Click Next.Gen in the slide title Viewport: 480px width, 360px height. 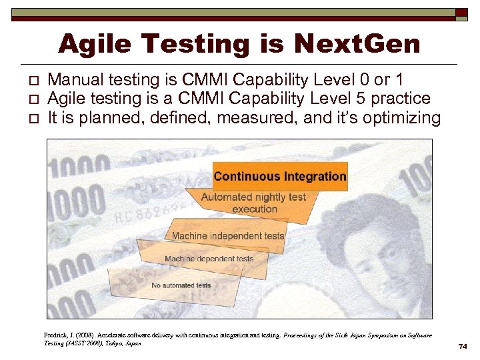click(x=357, y=44)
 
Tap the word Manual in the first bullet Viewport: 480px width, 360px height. click(x=78, y=81)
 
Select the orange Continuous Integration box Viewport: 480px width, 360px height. click(x=280, y=177)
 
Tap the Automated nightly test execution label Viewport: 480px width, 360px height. click(x=253, y=203)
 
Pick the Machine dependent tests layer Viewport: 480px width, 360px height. click(x=209, y=259)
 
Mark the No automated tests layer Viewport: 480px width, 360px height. click(x=181, y=285)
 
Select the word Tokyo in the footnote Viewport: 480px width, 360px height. click(x=107, y=343)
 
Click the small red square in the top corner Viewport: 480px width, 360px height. click(x=461, y=13)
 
